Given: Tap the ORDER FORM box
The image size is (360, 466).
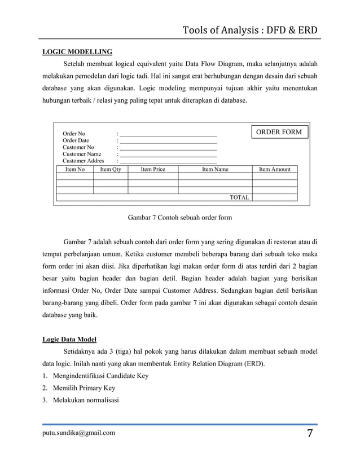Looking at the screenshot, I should point(279,132).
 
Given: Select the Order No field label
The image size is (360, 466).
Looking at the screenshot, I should point(74,134).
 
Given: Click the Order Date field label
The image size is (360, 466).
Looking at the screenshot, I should point(76,140).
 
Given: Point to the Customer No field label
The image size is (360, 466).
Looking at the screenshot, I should point(78,147).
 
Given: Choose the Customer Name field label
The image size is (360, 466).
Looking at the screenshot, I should point(82,154).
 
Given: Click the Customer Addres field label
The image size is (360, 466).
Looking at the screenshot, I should point(83,161).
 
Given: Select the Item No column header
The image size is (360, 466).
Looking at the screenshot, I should point(75,169).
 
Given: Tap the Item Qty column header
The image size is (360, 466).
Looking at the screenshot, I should point(111,169).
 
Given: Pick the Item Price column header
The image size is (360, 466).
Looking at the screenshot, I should point(153,169).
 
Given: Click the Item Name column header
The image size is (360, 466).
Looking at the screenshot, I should point(215,169).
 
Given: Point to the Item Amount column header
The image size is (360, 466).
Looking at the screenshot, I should point(274,169).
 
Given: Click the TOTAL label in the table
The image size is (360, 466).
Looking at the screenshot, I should point(239,197).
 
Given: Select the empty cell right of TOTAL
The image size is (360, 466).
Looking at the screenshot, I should point(274,197).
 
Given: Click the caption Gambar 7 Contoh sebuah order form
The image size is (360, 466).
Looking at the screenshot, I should point(180,217).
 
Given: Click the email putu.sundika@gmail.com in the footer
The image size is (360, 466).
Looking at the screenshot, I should point(79,433).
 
